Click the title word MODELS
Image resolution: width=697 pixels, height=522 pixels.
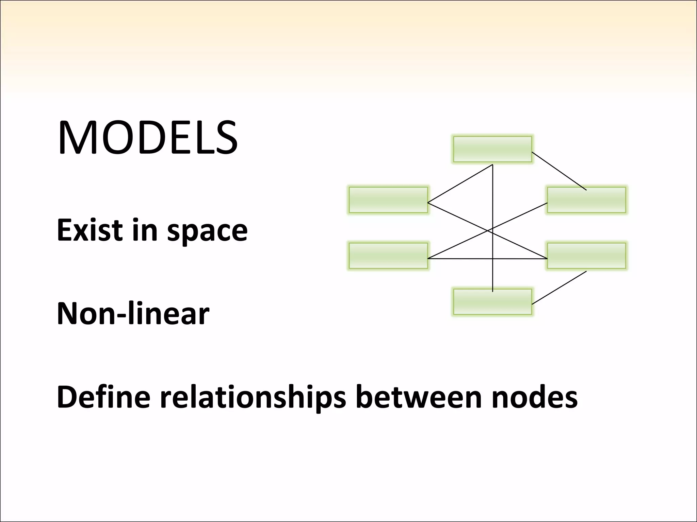pos(148,138)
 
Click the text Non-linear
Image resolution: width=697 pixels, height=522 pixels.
pos(133,313)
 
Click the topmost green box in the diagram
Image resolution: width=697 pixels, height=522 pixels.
pos(492,149)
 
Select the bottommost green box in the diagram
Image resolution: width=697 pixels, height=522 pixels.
pos(492,302)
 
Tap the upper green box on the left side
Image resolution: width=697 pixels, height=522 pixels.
pos(388,200)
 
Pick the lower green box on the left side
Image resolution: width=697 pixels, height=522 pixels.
pos(388,256)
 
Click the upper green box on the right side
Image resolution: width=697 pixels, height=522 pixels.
pos(586,200)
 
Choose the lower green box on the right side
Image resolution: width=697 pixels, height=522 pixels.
pos(586,256)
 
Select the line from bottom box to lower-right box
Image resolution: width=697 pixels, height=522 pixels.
pos(559,288)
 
